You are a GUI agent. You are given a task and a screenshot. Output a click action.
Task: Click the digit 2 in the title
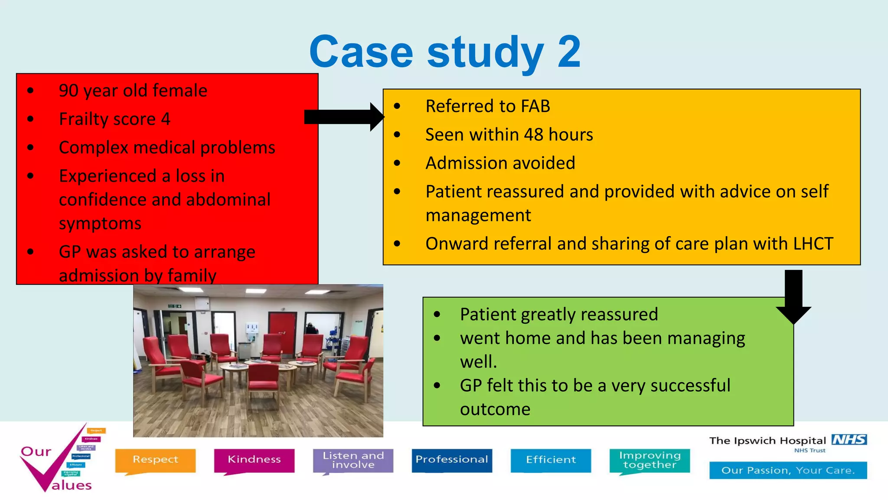pos(568,52)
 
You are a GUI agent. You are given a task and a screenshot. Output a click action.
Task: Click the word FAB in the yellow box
pos(535,106)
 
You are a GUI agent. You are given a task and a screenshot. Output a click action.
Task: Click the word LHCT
pos(813,244)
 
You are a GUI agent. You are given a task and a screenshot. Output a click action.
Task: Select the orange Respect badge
pos(155,460)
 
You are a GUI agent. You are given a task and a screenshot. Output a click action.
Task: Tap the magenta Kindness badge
pos(254,460)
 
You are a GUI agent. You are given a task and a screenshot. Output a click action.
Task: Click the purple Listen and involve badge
pos(353,460)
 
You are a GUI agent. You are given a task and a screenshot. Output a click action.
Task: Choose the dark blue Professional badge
pos(452,460)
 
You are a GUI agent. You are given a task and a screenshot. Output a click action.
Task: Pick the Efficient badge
pos(551,460)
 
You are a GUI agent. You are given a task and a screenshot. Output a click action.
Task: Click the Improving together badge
pos(650,460)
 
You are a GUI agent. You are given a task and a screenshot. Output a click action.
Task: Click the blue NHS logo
pos(849,440)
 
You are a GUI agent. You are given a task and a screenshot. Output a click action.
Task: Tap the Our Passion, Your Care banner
pos(788,470)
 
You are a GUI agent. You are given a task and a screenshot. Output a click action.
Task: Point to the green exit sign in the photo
pos(174,306)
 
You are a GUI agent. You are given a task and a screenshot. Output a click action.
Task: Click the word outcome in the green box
pos(495,409)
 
